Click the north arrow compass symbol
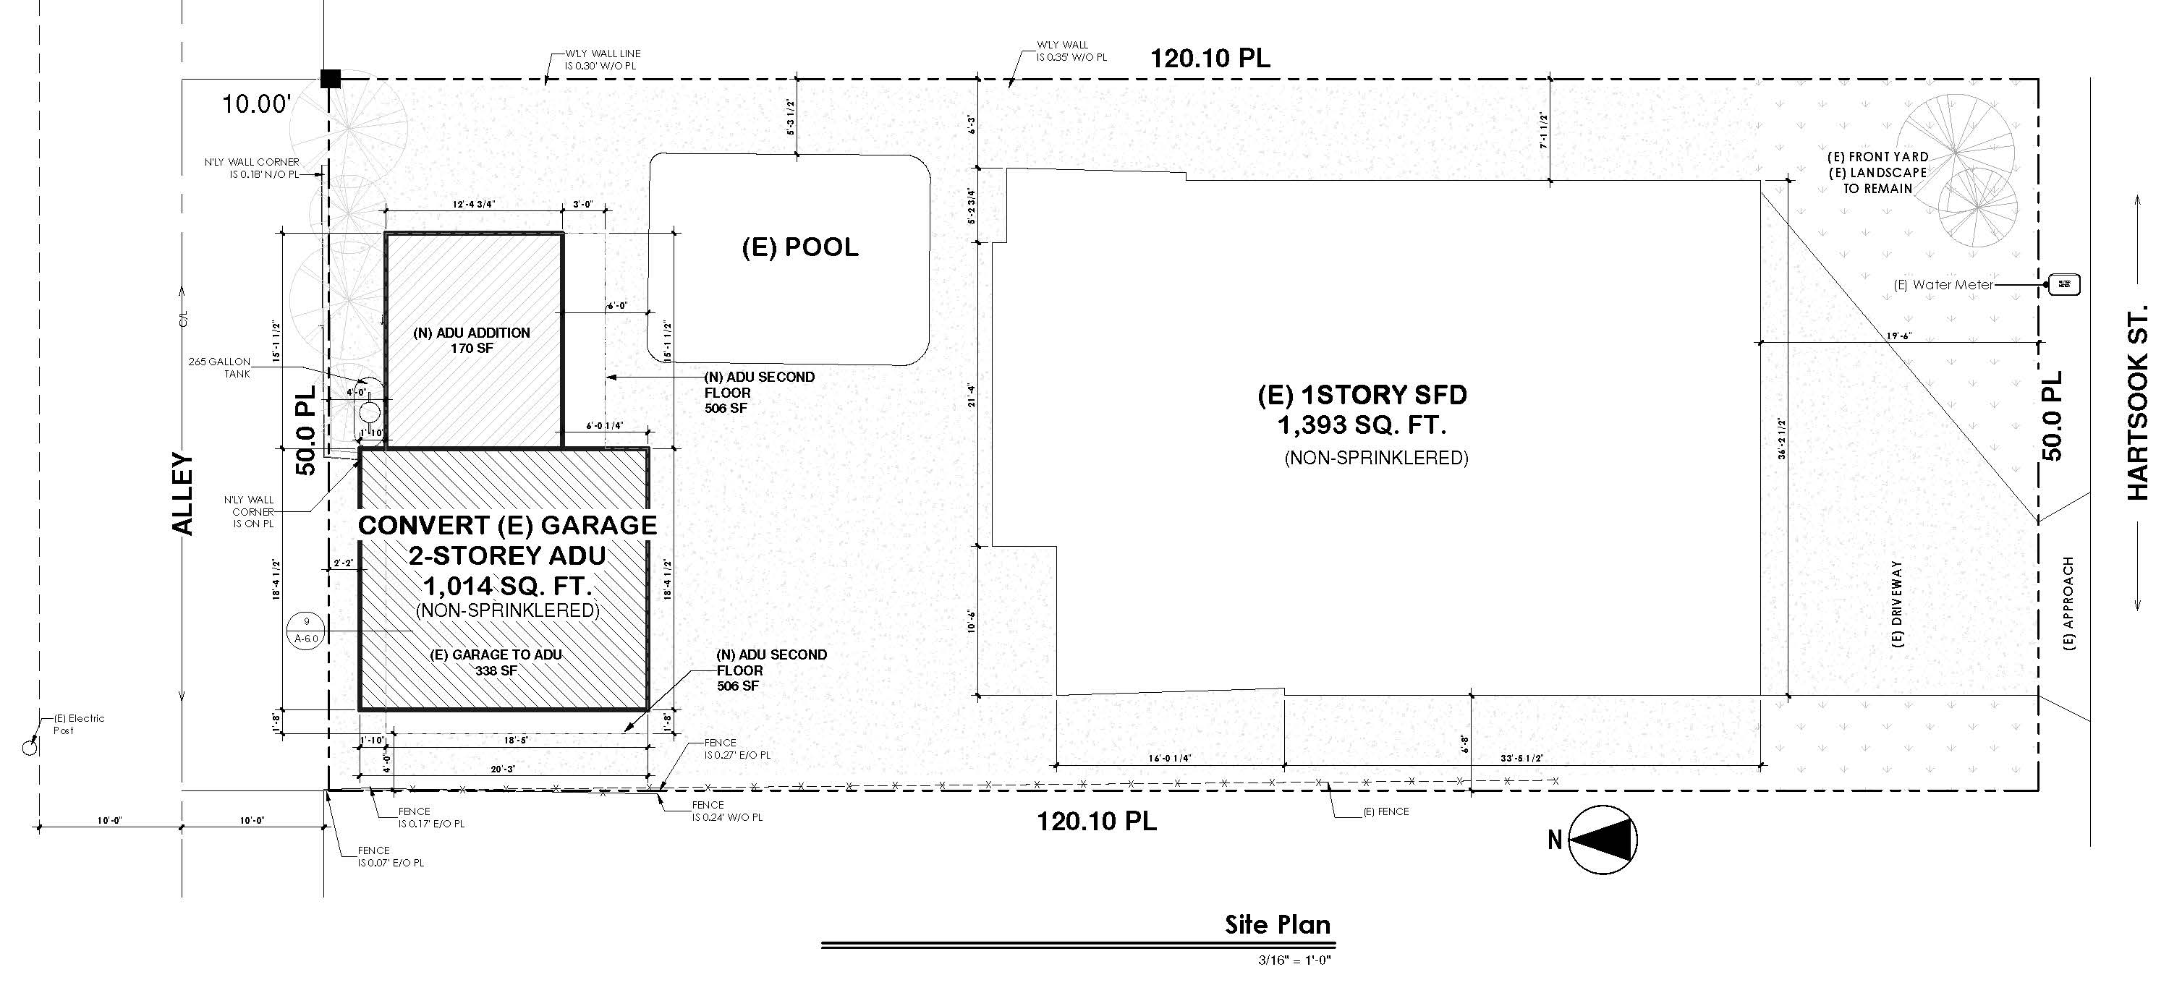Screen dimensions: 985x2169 click(x=1603, y=840)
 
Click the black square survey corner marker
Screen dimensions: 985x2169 click(x=330, y=79)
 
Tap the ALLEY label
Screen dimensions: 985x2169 click(x=183, y=494)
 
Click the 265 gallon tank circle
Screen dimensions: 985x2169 click(x=369, y=412)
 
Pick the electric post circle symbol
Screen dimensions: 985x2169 click(x=30, y=747)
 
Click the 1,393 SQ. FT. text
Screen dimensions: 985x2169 click(x=1362, y=426)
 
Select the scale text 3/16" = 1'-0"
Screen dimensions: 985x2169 click(x=1294, y=960)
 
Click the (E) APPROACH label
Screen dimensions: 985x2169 click(x=2070, y=604)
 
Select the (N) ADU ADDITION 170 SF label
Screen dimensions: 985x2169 click(x=472, y=340)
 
